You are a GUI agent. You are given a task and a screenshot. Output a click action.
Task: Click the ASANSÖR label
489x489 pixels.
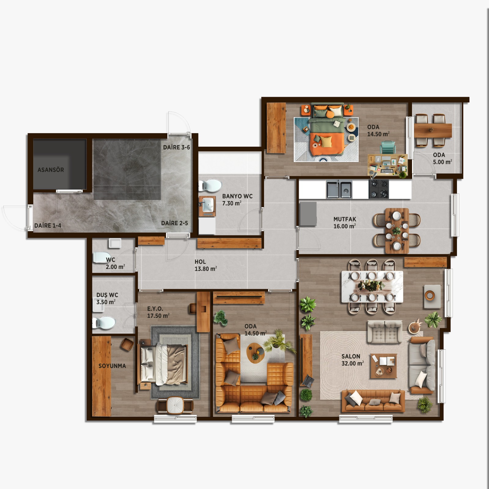coord(51,170)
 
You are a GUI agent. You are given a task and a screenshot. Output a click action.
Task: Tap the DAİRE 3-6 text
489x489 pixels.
coord(176,147)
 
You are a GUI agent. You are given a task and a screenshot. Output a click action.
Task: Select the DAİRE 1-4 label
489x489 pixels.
coord(48,226)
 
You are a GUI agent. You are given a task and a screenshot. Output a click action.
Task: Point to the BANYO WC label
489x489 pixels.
coord(237,196)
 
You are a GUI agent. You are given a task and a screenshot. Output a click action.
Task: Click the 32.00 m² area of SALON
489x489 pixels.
coord(353,363)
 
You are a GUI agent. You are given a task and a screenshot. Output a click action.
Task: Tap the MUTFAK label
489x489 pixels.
coord(345,219)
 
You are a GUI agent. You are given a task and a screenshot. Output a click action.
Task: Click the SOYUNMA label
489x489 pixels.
coord(112,366)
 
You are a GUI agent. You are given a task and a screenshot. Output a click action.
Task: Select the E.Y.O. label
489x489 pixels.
coord(155,309)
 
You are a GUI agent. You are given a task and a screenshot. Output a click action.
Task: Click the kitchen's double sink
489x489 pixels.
coord(339,189)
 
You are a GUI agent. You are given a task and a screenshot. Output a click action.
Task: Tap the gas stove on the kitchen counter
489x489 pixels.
coord(379,189)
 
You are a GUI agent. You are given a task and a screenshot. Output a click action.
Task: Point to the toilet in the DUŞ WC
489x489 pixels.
coord(104,323)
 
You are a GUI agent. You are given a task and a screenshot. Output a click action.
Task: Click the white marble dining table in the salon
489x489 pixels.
coord(372,286)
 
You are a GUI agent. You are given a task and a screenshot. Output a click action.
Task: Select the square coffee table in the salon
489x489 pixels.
coord(384,366)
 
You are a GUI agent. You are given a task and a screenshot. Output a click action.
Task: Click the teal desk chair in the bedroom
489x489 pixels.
coord(388,148)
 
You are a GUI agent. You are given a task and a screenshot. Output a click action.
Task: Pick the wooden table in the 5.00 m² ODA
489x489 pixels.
coord(433,131)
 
